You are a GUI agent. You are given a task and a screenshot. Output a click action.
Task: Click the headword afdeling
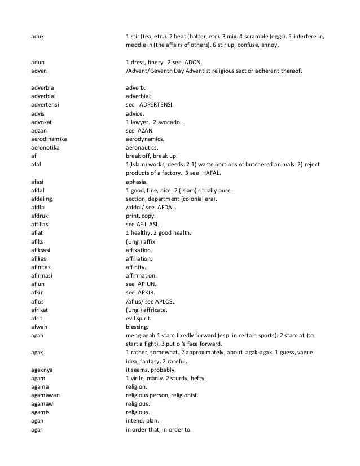42,200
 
